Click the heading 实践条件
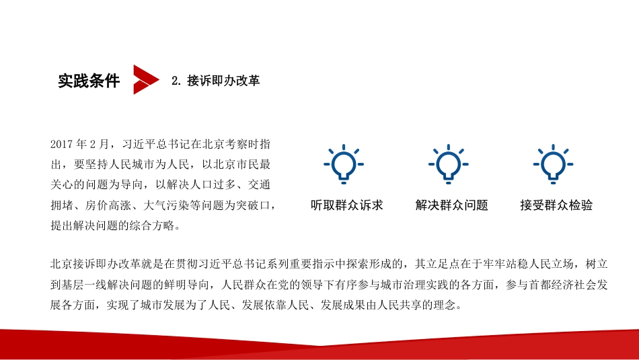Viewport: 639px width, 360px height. coord(89,81)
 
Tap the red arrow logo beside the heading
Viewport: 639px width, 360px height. coord(145,79)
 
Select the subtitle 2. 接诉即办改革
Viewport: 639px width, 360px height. coord(215,81)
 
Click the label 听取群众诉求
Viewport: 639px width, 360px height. coord(347,205)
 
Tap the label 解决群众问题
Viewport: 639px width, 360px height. coord(452,205)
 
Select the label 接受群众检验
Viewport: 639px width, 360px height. coord(556,205)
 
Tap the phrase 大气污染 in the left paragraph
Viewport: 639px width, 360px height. coord(176,205)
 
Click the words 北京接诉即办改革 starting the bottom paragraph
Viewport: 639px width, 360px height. coord(94,264)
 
